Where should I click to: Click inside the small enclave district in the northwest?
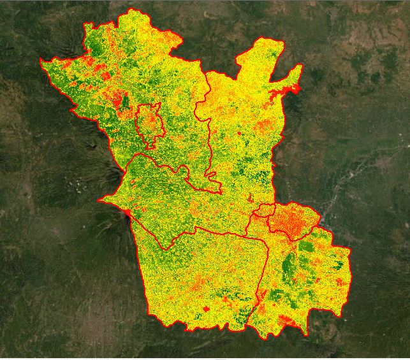[x=150, y=124]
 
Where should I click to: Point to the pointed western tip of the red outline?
[x=41, y=61]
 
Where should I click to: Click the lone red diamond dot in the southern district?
[x=205, y=309]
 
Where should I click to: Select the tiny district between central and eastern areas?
[x=263, y=210]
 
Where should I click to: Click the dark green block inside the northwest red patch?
[x=124, y=101]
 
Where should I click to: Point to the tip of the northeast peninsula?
[x=300, y=67]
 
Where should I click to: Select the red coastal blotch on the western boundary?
[x=129, y=212]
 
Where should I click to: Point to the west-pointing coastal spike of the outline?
[x=99, y=200]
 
